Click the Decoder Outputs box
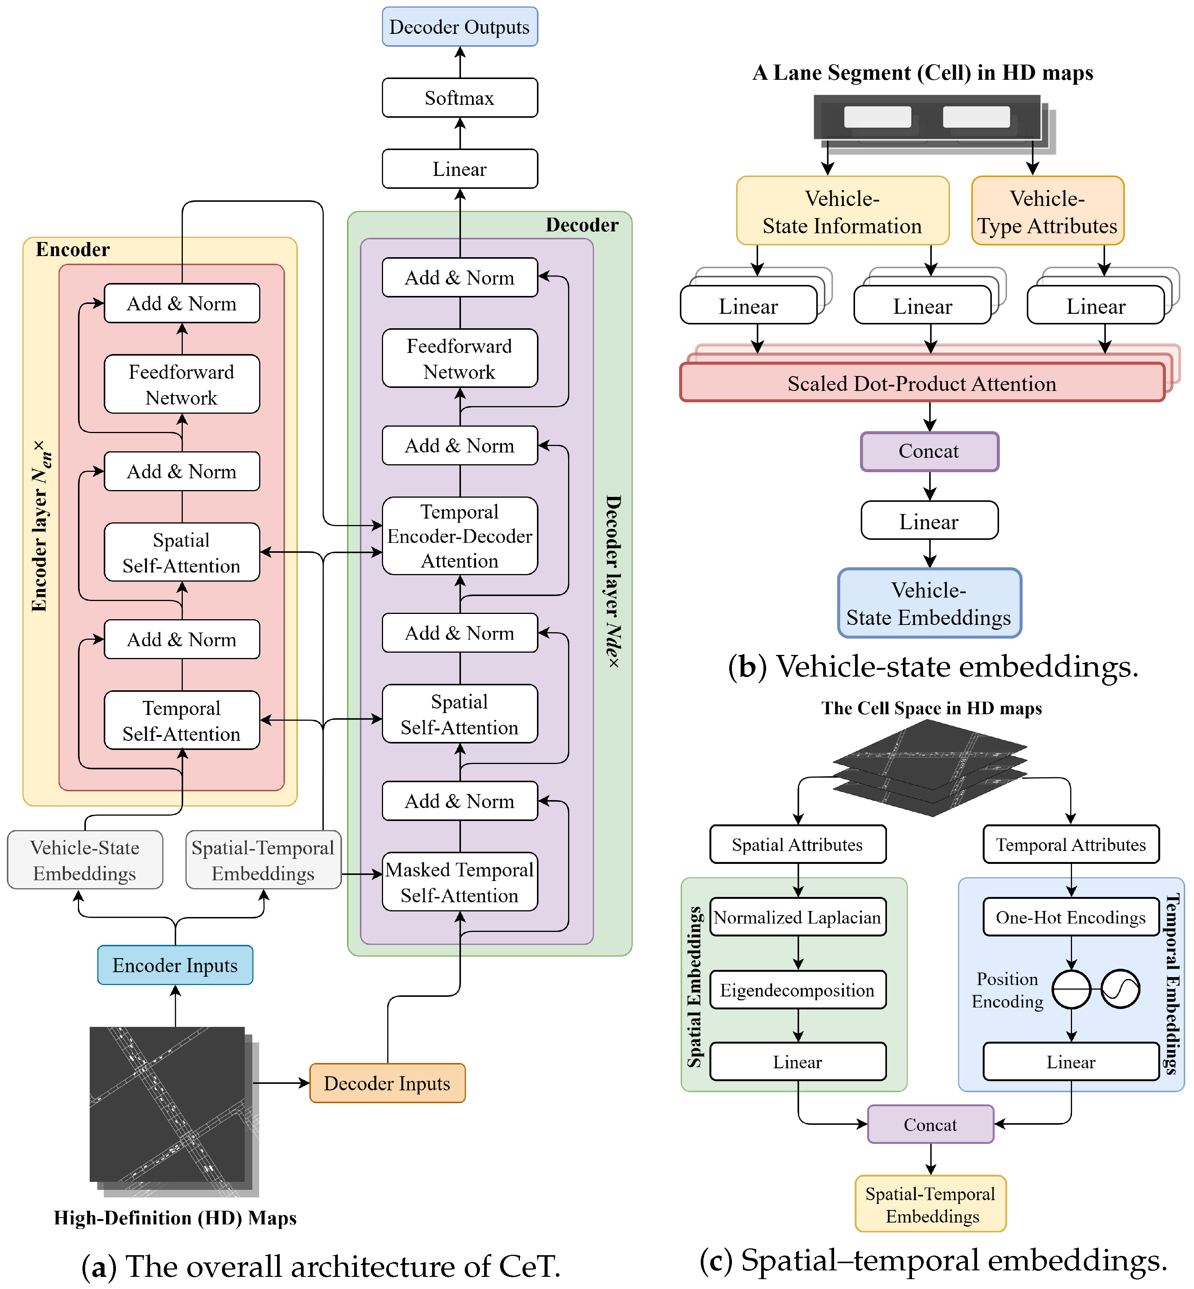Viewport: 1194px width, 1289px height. tap(459, 27)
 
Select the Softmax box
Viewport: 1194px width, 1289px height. tap(459, 98)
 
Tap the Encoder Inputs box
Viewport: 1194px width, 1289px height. tap(175, 965)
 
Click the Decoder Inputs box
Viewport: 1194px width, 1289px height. tap(387, 1083)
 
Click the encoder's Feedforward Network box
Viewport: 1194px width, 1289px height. tap(182, 384)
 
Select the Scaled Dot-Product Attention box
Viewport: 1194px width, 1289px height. tap(922, 383)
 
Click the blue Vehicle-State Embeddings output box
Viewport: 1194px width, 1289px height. tap(929, 603)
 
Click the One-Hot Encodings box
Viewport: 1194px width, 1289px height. tap(1070, 917)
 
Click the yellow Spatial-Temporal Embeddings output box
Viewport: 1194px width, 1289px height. tap(930, 1204)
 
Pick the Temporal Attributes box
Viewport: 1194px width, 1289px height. tap(1070, 844)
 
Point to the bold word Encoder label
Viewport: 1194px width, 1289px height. tap(72, 249)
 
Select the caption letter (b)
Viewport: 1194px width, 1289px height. tap(747, 666)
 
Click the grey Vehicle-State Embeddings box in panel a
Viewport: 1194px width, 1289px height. tap(85, 860)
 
